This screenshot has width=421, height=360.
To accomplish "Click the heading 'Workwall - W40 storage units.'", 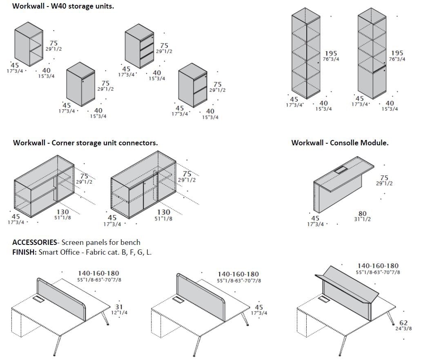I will (x=63, y=7).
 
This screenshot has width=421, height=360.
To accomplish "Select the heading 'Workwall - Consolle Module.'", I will (x=340, y=143).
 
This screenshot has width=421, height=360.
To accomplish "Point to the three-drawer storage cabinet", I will (x=139, y=45).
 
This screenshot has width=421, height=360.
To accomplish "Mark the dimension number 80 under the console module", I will (x=362, y=213).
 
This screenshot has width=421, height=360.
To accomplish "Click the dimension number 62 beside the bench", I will (x=403, y=323).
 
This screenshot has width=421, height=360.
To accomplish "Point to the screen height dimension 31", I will (x=119, y=307).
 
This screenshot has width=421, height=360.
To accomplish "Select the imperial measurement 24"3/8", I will (x=403, y=329).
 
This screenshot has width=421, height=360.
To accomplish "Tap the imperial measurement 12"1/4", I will (x=119, y=313).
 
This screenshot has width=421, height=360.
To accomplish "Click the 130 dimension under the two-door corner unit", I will (x=164, y=212).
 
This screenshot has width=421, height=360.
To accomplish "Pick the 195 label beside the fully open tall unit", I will (x=331, y=53).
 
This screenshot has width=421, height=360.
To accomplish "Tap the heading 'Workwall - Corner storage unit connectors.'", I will (x=85, y=143).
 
